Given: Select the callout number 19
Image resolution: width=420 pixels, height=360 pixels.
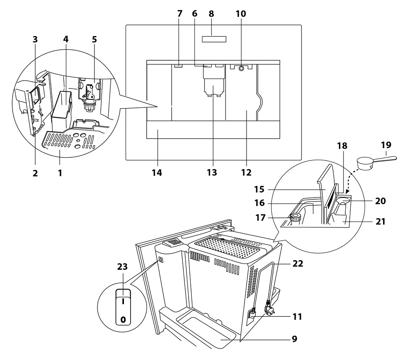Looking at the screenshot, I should (386, 145).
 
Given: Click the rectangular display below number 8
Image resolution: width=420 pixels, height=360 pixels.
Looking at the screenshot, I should (214, 39).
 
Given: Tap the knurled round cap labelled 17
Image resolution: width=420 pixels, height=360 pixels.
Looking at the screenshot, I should (296, 217).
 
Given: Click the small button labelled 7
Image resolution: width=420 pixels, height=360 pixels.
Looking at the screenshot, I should (178, 65).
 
